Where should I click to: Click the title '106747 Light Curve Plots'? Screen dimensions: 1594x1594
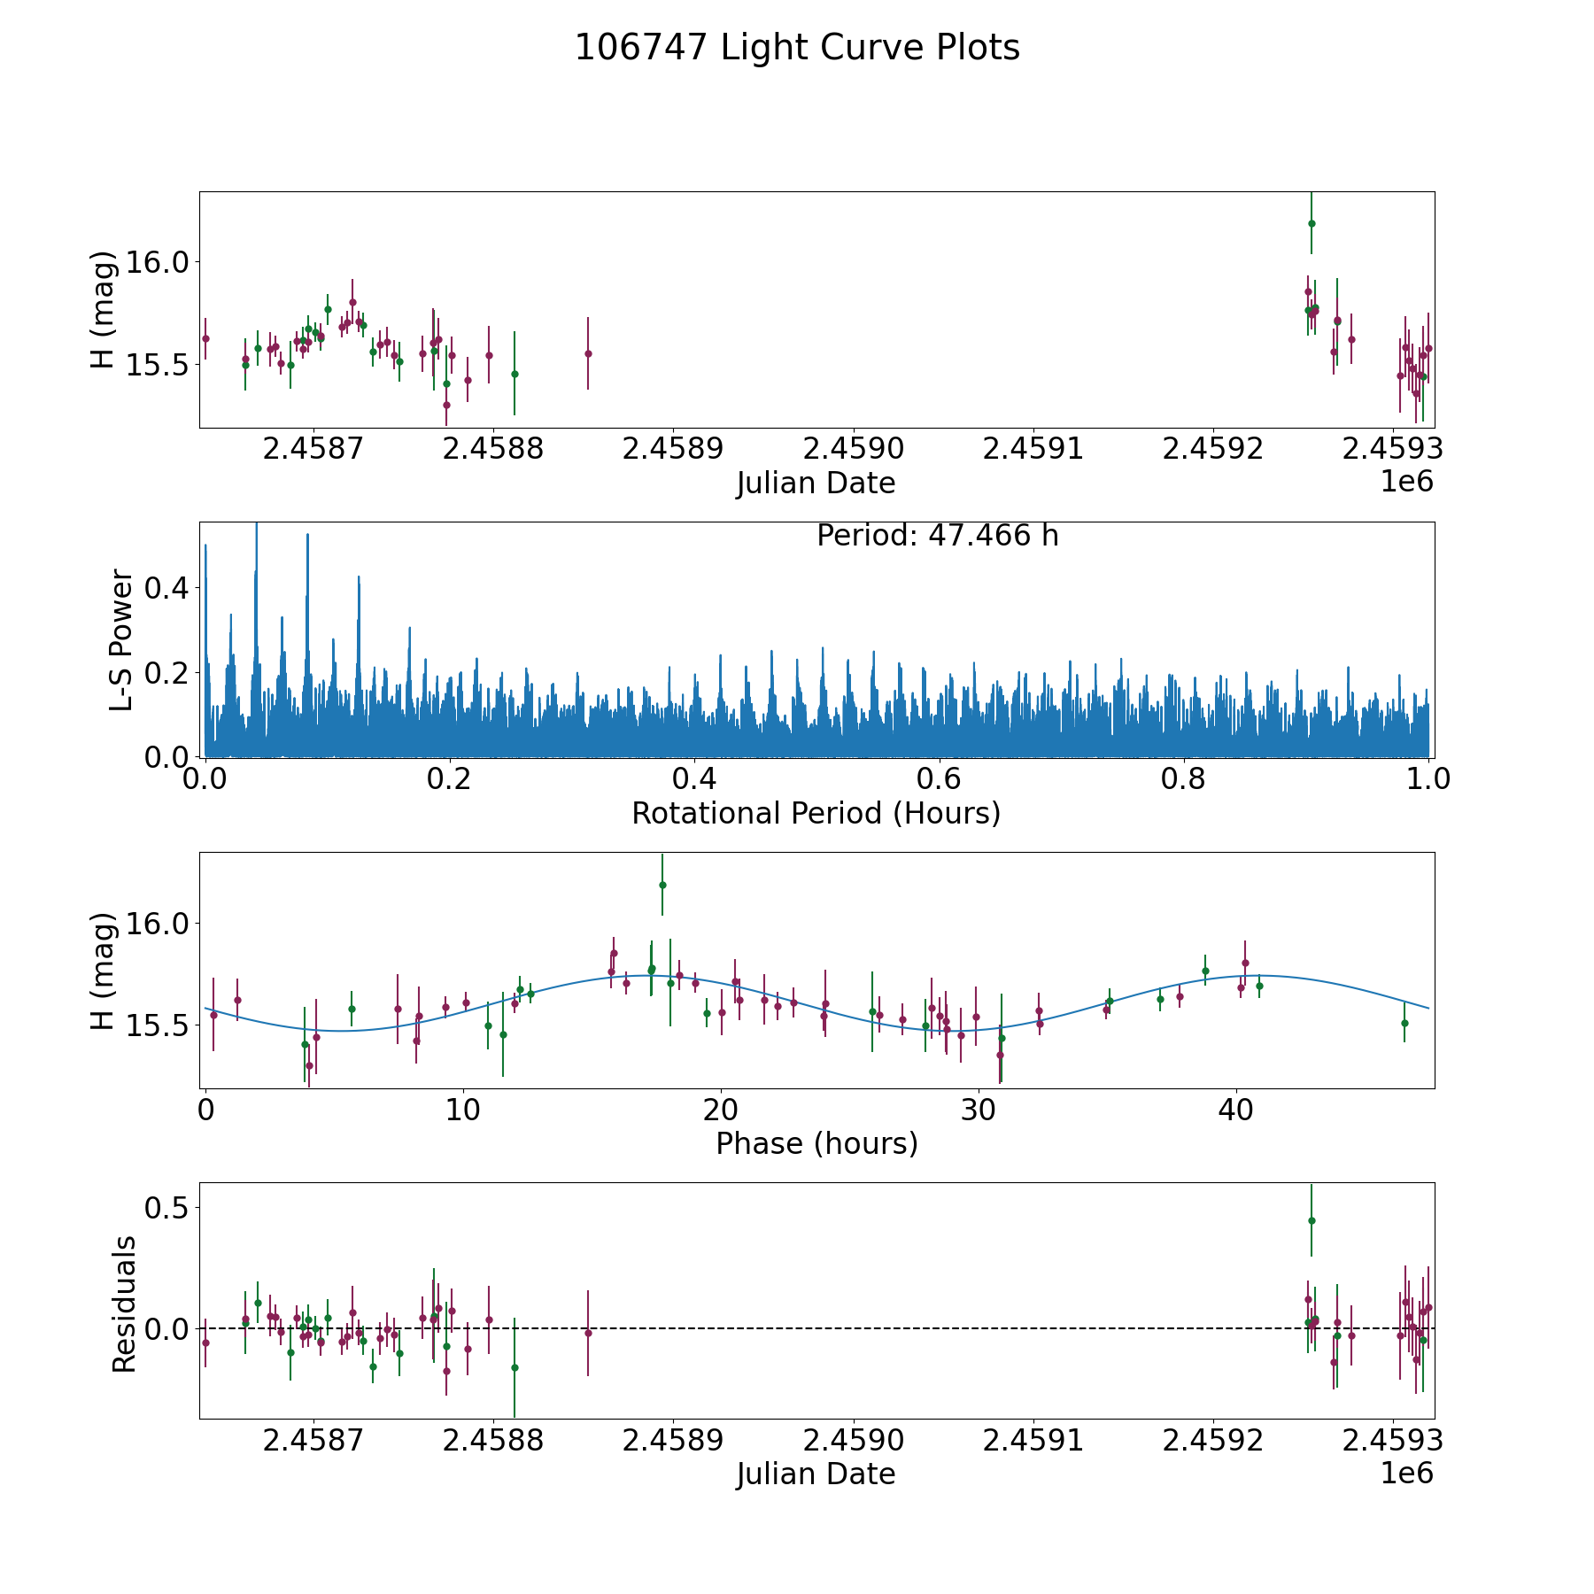[797, 48]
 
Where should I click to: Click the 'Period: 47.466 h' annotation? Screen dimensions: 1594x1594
[937, 536]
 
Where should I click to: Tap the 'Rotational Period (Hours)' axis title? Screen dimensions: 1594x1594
[816, 813]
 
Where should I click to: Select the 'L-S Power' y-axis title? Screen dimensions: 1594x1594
[122, 639]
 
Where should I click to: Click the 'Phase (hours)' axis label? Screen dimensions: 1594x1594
[816, 1144]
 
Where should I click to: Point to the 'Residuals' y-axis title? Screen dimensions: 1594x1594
[124, 1304]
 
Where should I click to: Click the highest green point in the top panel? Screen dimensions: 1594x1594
[1312, 223]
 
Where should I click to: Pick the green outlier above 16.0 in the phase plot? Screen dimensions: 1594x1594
[662, 885]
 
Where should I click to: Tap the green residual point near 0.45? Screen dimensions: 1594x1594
[1312, 1220]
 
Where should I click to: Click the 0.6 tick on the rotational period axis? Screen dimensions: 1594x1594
[939, 779]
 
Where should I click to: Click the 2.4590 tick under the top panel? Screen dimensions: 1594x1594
[854, 449]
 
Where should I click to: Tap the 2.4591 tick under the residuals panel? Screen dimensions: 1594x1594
[1033, 1441]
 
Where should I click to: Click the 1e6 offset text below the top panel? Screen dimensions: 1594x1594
[1406, 482]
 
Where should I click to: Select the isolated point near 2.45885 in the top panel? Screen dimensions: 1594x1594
[588, 353]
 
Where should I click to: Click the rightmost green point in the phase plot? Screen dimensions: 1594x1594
[1404, 1023]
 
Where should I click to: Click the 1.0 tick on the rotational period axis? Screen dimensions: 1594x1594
[1428, 779]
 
